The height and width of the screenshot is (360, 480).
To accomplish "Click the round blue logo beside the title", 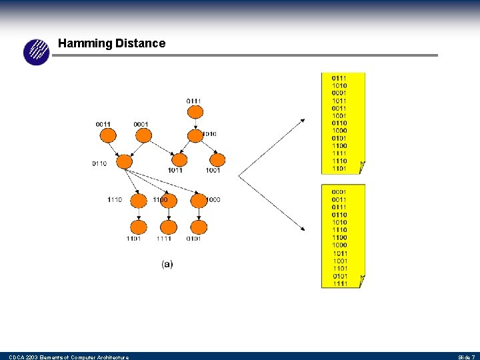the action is (37, 52).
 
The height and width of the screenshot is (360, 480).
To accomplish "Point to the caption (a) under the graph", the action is (167, 264).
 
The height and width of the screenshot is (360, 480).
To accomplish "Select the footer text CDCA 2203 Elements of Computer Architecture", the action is (69, 357).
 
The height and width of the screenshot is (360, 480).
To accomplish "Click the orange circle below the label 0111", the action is (194, 111).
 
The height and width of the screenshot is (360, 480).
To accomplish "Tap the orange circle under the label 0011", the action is (107, 135).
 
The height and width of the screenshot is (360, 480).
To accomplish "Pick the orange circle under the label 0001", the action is (142, 135).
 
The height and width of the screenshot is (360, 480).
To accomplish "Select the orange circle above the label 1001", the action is (217, 160).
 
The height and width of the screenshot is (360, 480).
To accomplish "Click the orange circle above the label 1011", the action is (179, 160).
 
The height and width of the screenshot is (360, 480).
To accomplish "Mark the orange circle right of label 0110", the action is (124, 161).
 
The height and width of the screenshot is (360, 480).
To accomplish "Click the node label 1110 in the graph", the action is (115, 199).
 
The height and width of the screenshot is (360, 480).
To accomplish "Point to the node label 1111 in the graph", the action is (164, 238).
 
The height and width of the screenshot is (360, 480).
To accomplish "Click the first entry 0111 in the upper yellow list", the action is (339, 79).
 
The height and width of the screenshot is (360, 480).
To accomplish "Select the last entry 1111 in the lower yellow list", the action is (339, 283).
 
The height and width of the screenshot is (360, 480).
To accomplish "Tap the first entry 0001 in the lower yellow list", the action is (339, 192).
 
